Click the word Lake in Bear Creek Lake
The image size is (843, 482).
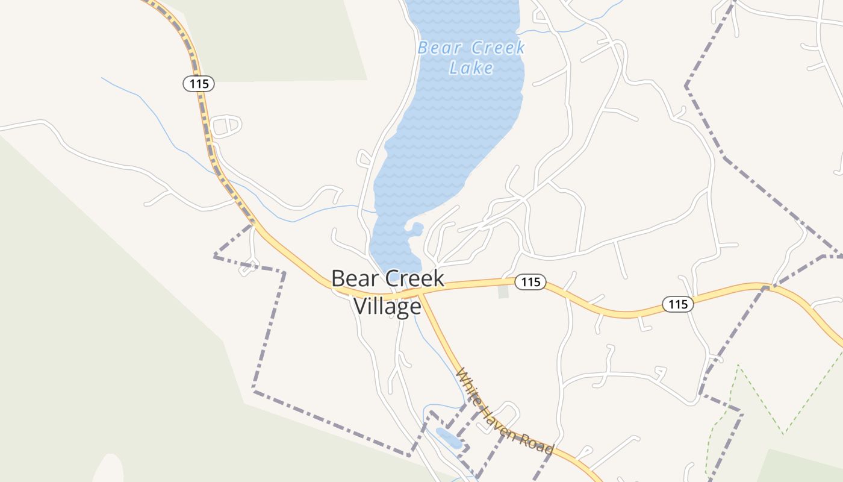pyautogui.click(x=471, y=67)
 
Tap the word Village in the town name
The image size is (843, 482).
pyautogui.click(x=387, y=306)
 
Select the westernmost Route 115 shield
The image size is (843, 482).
pyautogui.click(x=199, y=84)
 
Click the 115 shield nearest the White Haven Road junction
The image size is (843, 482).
pyautogui.click(x=530, y=281)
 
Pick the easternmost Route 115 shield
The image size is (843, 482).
pyautogui.click(x=678, y=304)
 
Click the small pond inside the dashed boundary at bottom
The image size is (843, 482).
pyautogui.click(x=449, y=438)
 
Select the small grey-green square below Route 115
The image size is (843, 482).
pyautogui.click(x=503, y=292)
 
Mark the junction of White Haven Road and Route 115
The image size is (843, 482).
pyautogui.click(x=421, y=292)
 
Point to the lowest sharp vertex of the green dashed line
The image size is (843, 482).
pyautogui.click(x=783, y=433)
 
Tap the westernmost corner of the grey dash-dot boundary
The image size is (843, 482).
pyautogui.click(x=215, y=257)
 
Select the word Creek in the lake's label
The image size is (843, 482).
pyautogui.click(x=498, y=48)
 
